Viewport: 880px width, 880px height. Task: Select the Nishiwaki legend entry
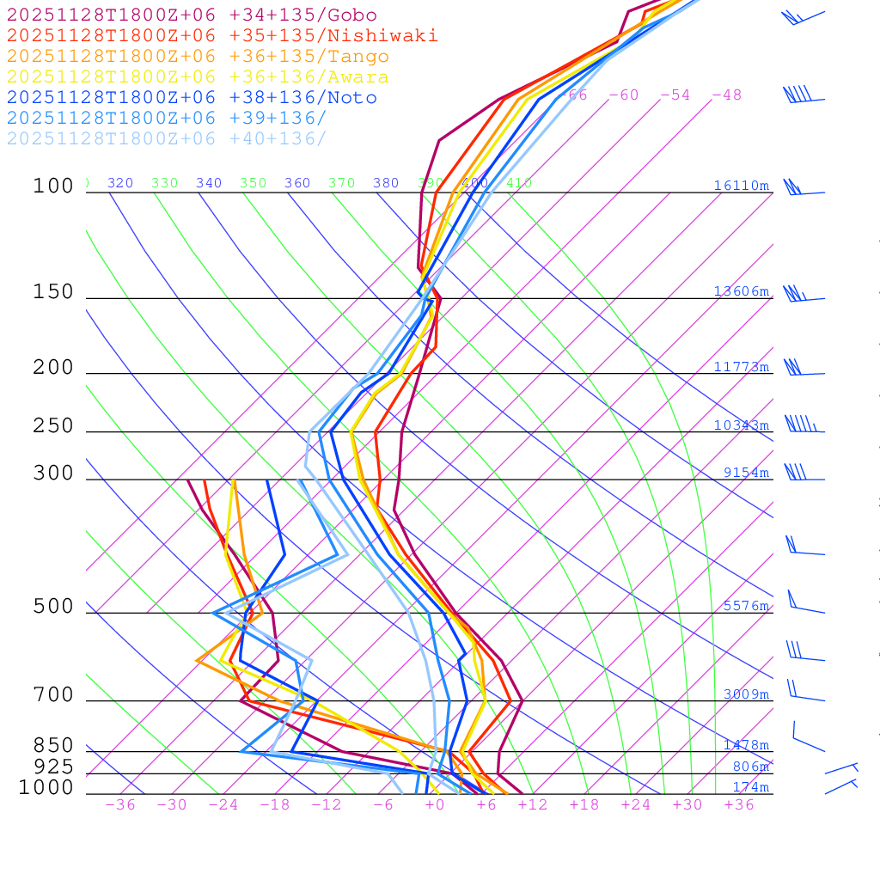tap(222, 36)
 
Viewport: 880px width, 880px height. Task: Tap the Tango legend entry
tap(197, 57)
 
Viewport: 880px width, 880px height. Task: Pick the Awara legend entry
tap(197, 77)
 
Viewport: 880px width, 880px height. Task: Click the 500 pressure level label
tap(53, 607)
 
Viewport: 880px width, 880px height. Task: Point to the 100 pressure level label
tap(53, 186)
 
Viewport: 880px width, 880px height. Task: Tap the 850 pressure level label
tap(53, 745)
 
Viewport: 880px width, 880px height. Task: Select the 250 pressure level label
tap(53, 426)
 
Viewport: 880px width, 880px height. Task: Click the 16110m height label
tap(741, 186)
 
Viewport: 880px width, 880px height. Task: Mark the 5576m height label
tap(745, 606)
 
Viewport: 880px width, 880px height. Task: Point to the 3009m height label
tap(745, 694)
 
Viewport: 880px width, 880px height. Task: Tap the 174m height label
tap(750, 787)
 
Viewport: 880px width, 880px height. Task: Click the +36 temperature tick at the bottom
tap(738, 804)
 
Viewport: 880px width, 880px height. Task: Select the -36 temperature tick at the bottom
tap(119, 804)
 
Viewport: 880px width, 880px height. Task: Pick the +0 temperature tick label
tap(434, 804)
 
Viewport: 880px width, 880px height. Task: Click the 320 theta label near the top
tap(120, 183)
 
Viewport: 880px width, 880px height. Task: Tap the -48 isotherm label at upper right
tap(726, 95)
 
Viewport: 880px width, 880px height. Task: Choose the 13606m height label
tap(741, 291)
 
